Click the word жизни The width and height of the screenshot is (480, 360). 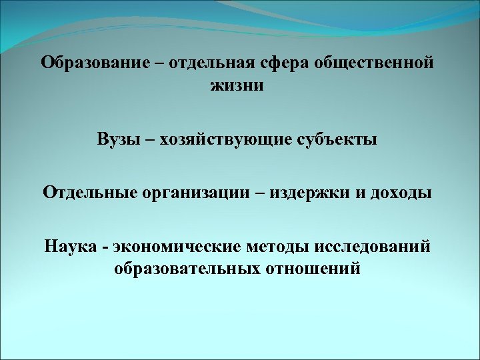tap(237, 86)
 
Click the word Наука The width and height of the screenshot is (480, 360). tap(72, 247)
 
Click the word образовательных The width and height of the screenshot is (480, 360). tap(182, 269)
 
